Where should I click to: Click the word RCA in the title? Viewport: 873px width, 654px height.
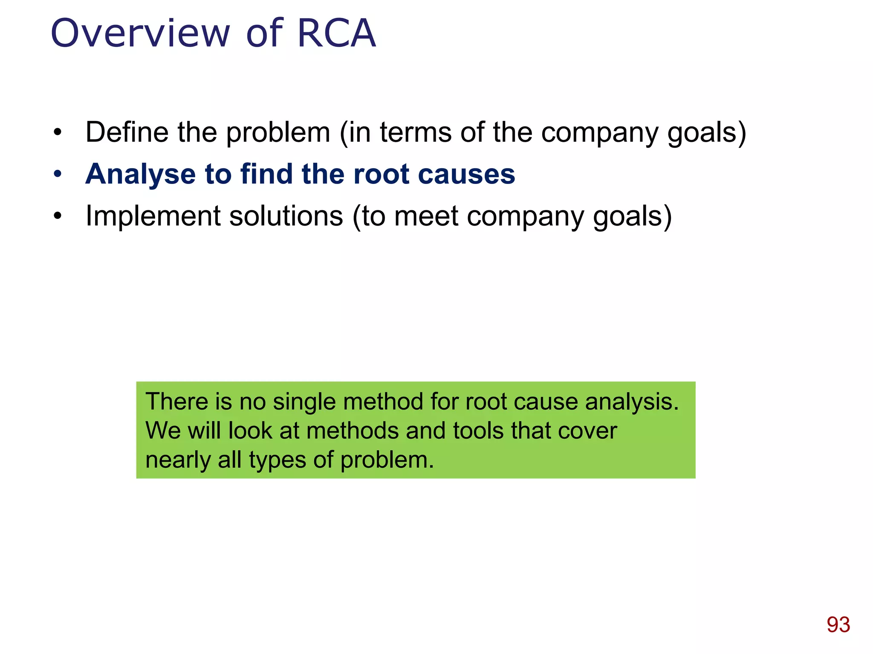click(x=336, y=33)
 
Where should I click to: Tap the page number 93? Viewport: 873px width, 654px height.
click(x=838, y=625)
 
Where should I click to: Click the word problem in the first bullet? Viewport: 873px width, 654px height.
click(x=278, y=133)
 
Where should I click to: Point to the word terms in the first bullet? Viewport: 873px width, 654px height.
click(x=415, y=132)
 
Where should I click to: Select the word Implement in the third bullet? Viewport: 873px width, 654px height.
click(x=153, y=216)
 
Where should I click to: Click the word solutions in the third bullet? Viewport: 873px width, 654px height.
click(x=286, y=216)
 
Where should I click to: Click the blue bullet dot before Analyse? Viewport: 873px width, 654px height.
click(x=58, y=174)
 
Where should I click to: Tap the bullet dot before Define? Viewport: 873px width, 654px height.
click(x=58, y=132)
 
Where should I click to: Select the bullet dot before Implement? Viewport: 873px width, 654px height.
click(x=58, y=216)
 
